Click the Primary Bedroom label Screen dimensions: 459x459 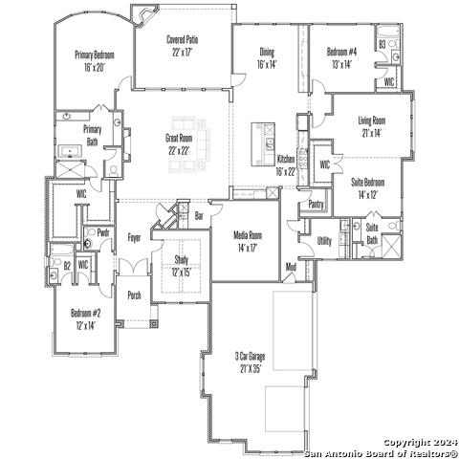coord(95,55)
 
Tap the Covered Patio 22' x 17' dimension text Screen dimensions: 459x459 coord(182,53)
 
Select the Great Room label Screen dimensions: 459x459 coord(179,138)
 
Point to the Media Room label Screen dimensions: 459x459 coord(248,235)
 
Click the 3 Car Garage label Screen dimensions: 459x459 coord(250,356)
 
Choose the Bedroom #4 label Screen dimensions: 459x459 coord(341,52)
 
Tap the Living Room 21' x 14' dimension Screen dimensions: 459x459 coord(372,133)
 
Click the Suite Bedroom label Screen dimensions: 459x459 coord(367,183)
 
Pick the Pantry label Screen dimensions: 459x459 coord(316,205)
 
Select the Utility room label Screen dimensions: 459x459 coord(324,241)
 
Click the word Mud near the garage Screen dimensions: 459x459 coord(291,267)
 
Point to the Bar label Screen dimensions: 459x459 coord(199,216)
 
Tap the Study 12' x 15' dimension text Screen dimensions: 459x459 coord(182,273)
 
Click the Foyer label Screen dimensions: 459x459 coord(134,238)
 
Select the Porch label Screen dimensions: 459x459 coord(134,295)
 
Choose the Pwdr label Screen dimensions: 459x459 coord(103,232)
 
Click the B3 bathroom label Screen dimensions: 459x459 coord(382,44)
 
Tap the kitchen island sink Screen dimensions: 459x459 coord(270,142)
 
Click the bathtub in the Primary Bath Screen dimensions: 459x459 coord(70,151)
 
